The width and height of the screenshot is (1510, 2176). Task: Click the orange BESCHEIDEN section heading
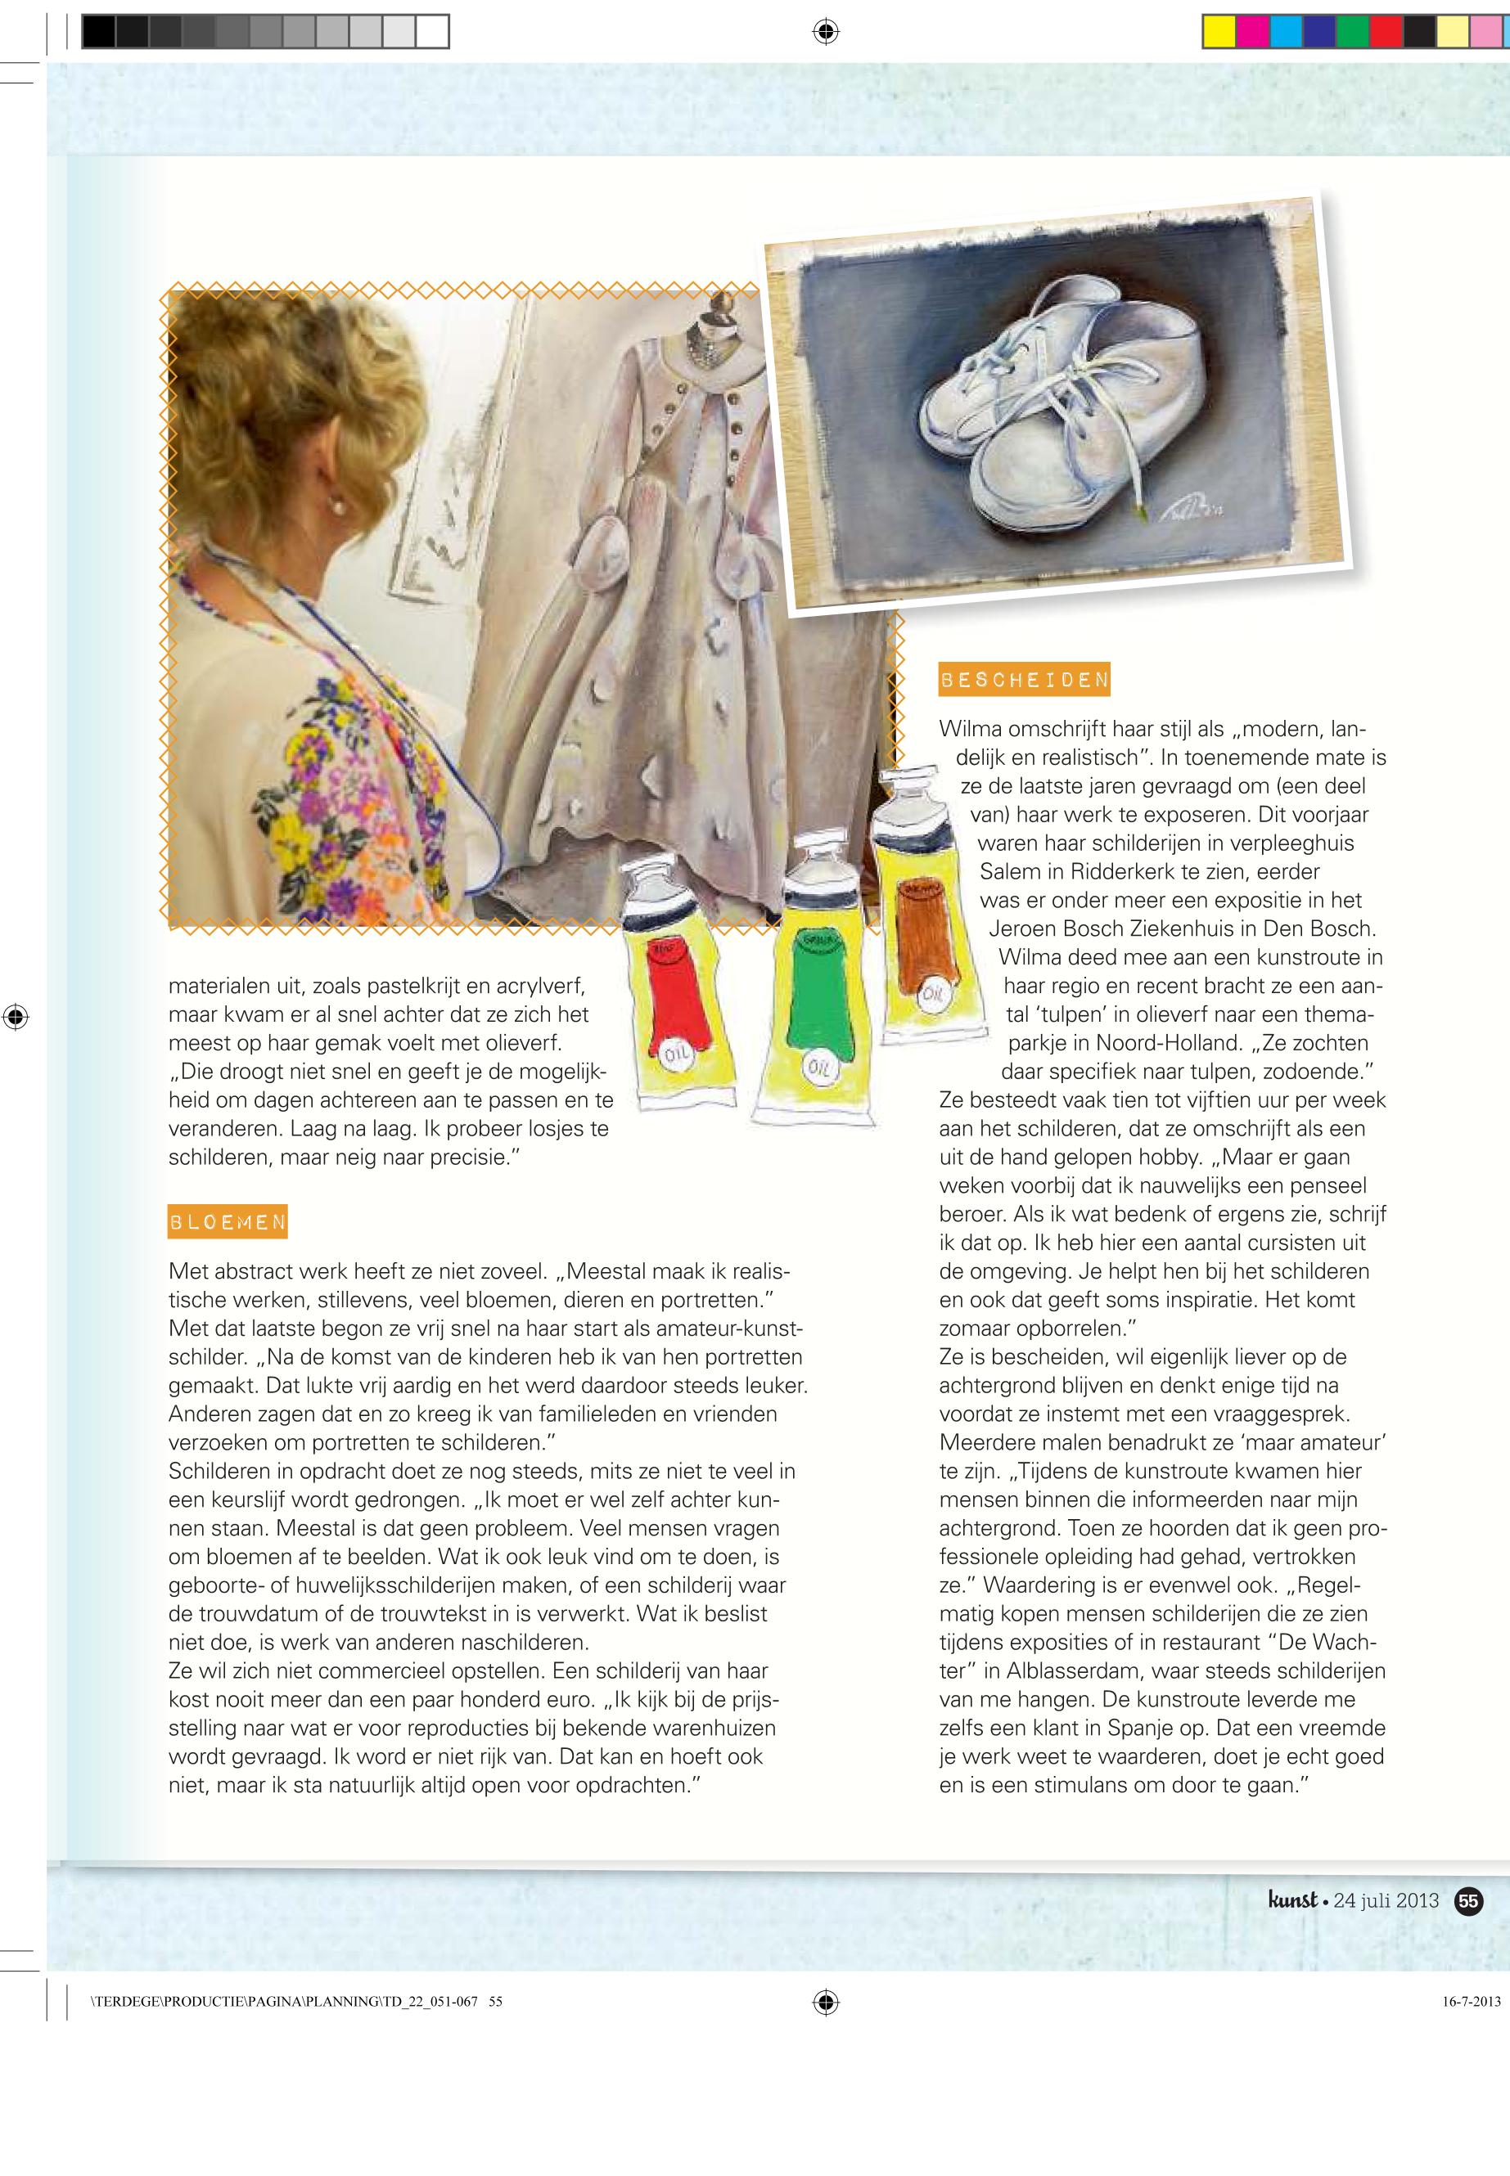1024,679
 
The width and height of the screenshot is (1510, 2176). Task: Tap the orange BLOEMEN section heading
227,1222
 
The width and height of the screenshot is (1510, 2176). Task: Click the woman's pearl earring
335,508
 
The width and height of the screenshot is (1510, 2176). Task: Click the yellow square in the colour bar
1219,32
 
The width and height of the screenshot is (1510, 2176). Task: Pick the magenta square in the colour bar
1251,32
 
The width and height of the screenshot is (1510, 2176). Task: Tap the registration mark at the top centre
825,32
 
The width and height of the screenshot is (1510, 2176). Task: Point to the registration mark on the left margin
16,1018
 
